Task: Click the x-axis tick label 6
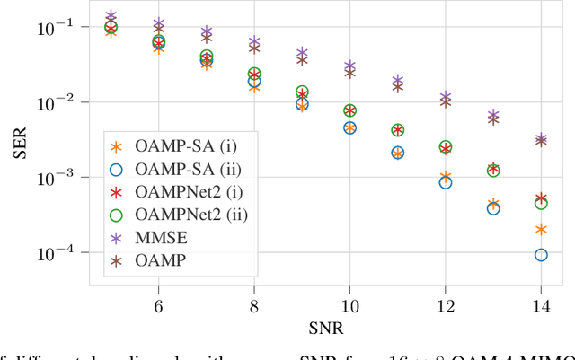[x=158, y=305]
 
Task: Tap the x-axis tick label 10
[x=349, y=305]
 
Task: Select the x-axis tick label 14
[x=541, y=305]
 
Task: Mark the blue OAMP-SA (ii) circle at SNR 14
[x=541, y=255]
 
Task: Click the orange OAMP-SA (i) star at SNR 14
[x=541, y=230]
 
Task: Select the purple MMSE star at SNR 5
[x=111, y=17]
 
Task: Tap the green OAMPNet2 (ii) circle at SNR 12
[x=446, y=146]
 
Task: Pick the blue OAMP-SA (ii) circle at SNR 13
[x=493, y=208]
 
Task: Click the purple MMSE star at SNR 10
[x=349, y=66]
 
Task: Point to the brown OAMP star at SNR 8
[x=254, y=48]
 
